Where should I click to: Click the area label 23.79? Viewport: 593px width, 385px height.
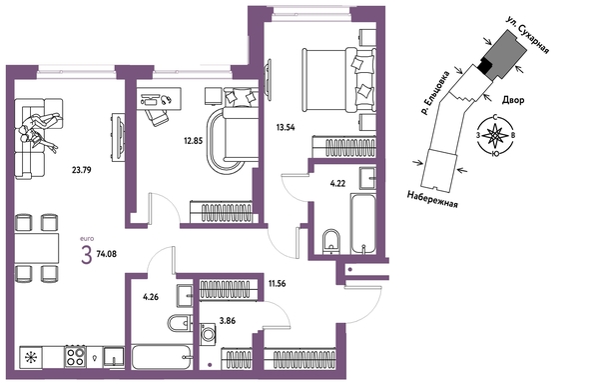pos(81,170)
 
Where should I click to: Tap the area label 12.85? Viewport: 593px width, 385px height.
pos(194,141)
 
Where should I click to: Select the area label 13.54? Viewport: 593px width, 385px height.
pos(286,127)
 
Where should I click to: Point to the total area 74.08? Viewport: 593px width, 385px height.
pos(106,254)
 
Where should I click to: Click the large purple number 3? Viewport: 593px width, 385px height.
pos(87,255)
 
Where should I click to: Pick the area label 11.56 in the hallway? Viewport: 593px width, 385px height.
pos(277,283)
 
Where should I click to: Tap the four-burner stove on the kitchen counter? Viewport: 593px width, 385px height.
pos(75,356)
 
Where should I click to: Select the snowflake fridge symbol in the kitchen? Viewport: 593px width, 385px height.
pos(29,357)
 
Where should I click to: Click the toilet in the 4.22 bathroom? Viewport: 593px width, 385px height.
pos(332,241)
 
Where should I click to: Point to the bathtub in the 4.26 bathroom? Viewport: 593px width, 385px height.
pos(160,357)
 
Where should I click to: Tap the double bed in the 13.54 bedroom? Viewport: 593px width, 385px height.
pos(338,79)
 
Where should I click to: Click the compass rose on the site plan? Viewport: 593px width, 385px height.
pos(495,135)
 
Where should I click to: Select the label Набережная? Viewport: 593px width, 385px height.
pos(432,199)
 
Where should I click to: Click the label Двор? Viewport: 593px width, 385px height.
pos(513,100)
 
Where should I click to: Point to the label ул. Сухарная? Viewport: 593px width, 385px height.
pos(527,35)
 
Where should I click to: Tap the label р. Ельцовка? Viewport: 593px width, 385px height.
pos(436,92)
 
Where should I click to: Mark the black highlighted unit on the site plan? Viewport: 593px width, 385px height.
pos(484,66)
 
